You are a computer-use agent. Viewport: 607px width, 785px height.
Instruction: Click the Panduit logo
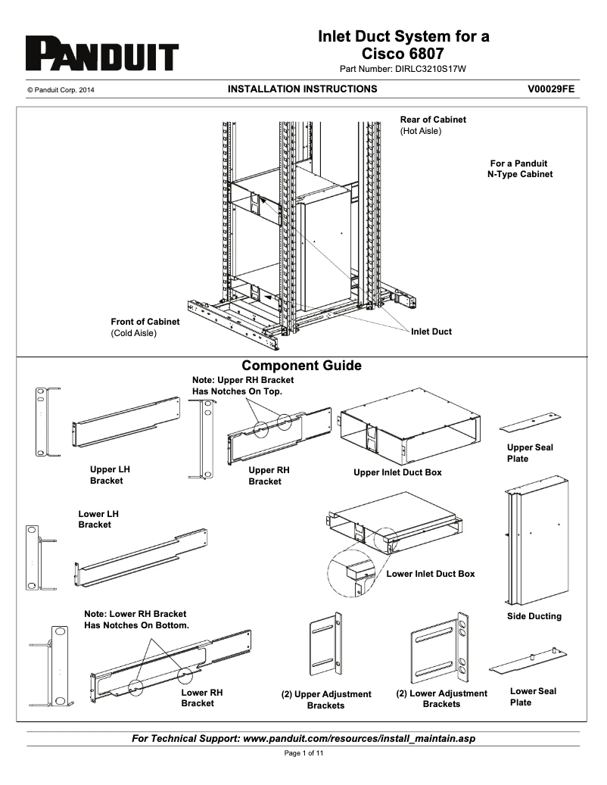pyautogui.click(x=102, y=55)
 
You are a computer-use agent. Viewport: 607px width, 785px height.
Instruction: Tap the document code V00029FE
pyautogui.click(x=551, y=89)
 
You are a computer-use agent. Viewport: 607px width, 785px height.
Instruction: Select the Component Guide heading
pyautogui.click(x=301, y=366)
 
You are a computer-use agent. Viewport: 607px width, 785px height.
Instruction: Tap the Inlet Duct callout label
pyautogui.click(x=431, y=332)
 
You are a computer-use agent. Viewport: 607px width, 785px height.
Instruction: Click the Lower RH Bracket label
pyautogui.click(x=201, y=697)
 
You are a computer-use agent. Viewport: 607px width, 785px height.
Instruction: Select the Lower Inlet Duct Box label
pyautogui.click(x=431, y=574)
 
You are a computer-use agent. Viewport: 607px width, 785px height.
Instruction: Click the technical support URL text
pyautogui.click(x=303, y=738)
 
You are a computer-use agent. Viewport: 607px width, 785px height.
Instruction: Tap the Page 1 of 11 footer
pyautogui.click(x=303, y=753)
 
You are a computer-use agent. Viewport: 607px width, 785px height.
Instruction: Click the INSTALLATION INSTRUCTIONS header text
pyautogui.click(x=302, y=89)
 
